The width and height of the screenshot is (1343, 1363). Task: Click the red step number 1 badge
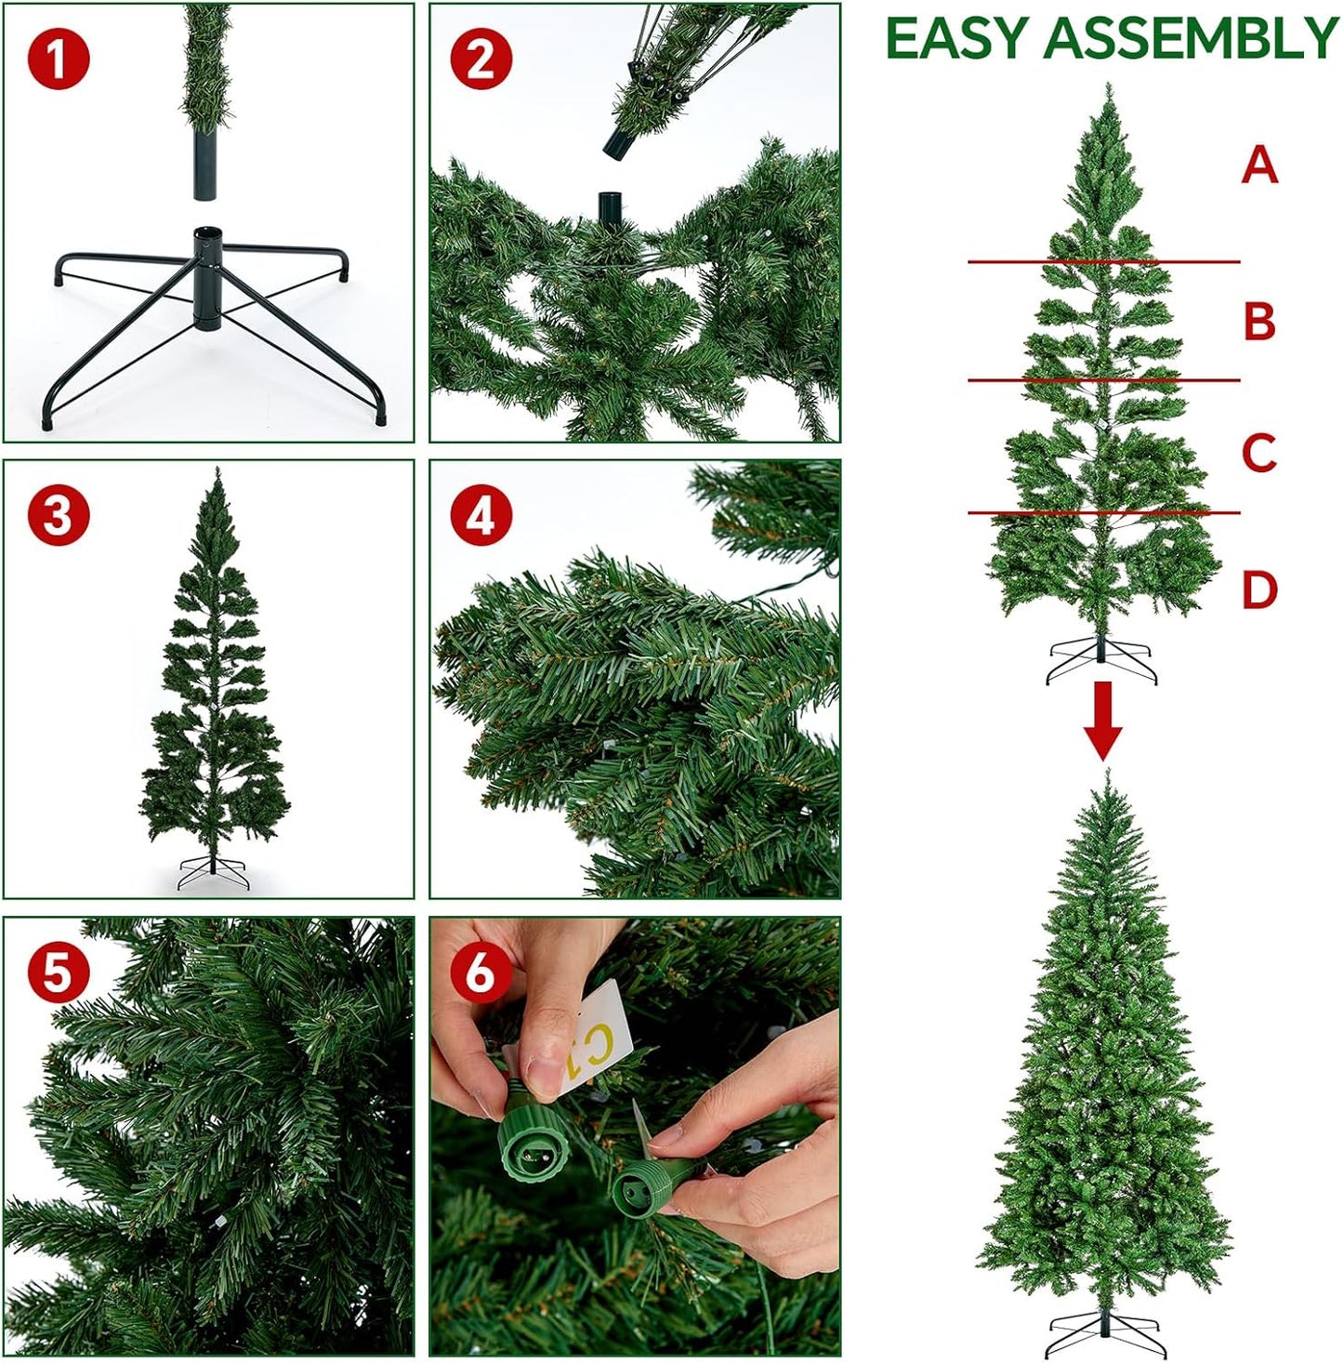pos(59,59)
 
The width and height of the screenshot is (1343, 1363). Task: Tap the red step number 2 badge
pos(481,59)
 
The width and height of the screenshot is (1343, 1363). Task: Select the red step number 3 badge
pos(59,515)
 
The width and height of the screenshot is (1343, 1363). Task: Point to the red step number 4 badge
pos(481,515)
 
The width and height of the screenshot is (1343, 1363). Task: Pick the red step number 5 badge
pos(59,973)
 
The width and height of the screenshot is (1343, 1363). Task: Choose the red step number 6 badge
pos(481,973)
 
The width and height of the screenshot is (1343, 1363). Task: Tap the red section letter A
pos(1259,165)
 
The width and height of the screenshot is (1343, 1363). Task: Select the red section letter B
pos(1259,321)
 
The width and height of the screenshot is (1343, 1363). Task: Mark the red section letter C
pos(1259,453)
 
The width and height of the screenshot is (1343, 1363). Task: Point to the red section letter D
pos(1259,589)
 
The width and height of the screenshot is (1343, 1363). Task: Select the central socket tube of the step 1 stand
pos(208,279)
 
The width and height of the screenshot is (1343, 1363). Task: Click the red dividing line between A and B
pos(1103,262)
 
